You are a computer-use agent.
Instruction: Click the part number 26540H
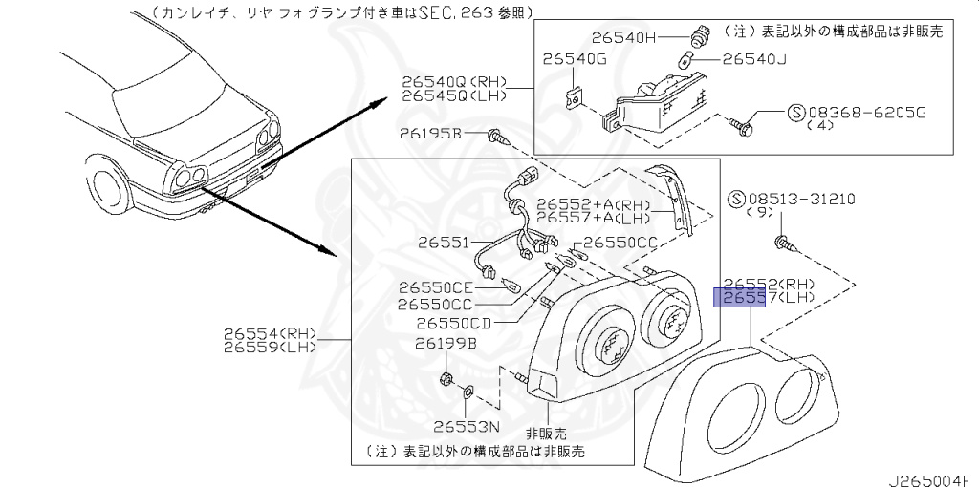(624, 39)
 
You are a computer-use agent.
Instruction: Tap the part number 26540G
(575, 60)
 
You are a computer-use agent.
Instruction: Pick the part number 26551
(443, 243)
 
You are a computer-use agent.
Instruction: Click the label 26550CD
(453, 323)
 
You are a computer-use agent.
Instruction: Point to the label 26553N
(467, 427)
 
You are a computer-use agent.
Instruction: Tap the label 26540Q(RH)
(454, 83)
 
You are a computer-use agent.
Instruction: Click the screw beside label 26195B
(495, 138)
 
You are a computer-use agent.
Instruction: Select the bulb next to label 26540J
(684, 59)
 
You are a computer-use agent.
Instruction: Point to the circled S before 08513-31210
(736, 200)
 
